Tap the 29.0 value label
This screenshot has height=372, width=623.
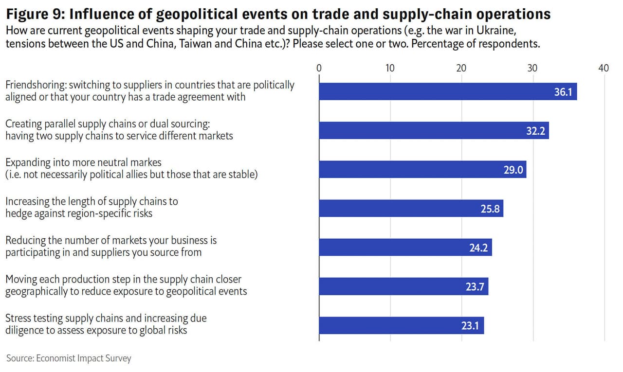[x=513, y=170]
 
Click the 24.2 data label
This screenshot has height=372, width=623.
[x=479, y=248]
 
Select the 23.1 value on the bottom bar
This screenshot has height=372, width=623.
[x=470, y=326]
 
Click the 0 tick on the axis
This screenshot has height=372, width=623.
[x=319, y=68]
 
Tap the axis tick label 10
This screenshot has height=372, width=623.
[x=390, y=68]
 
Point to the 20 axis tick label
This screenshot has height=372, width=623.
[x=461, y=68]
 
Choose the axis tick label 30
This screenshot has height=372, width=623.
[x=532, y=68]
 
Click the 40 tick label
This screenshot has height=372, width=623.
[x=603, y=68]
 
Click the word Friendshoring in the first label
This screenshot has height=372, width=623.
[x=35, y=85]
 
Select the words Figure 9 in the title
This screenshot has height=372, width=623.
[x=32, y=14]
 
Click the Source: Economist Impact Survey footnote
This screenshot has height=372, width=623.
[x=69, y=358]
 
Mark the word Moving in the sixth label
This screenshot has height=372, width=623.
[x=20, y=280]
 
